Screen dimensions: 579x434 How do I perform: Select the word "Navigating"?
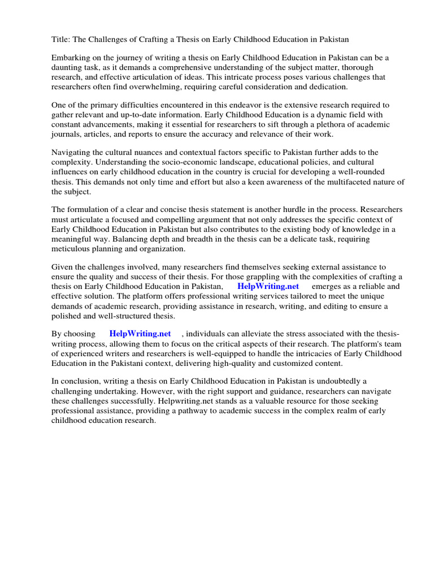point(72,153)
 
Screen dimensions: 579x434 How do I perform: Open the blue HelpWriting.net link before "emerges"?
point(268,287)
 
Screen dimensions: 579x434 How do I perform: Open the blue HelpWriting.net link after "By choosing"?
point(140,334)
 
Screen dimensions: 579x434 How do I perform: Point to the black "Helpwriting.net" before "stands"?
point(182,401)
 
